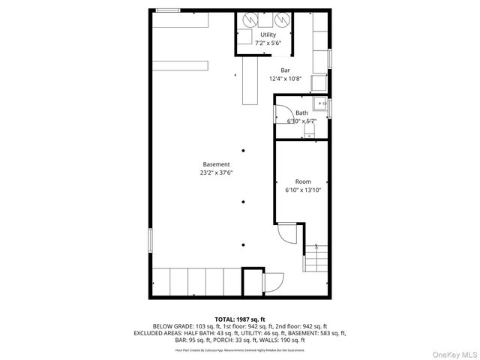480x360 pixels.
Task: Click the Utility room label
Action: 268,35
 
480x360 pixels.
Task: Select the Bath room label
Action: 301,113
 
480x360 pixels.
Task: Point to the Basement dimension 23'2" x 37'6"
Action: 216,172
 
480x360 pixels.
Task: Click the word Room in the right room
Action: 302,181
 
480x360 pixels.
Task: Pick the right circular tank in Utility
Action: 281,20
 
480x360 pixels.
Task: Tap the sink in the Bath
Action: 319,103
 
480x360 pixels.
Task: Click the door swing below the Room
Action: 287,235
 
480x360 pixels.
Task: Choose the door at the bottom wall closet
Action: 272,283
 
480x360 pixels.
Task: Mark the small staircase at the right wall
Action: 316,259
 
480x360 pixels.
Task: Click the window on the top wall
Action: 168,10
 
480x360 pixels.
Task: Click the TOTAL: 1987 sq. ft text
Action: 240,319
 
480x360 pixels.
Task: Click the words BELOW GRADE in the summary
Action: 172,326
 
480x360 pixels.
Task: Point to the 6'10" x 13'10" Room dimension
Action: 302,190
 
